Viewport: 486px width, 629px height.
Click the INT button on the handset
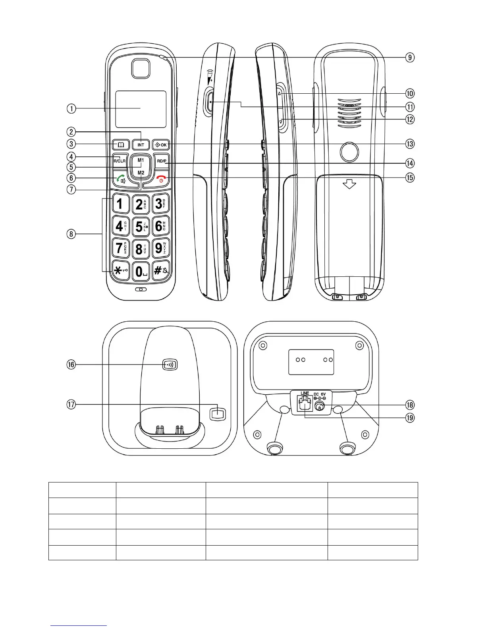click(x=141, y=145)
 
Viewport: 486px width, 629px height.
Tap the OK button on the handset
click(x=160, y=145)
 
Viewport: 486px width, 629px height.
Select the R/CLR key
click(x=119, y=161)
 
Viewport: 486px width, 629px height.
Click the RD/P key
click(x=162, y=161)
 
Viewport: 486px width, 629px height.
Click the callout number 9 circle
click(x=410, y=58)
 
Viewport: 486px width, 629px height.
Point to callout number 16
click(x=71, y=365)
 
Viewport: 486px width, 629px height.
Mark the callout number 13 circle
click(x=410, y=144)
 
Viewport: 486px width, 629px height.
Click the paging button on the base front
click(x=170, y=365)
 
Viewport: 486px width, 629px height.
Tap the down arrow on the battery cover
click(x=349, y=184)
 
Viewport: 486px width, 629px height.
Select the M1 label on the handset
click(x=141, y=160)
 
